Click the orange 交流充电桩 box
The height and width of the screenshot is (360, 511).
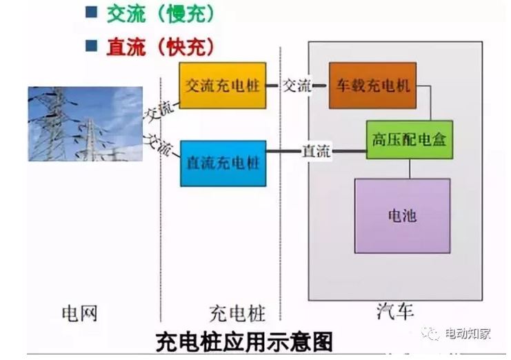coord(222,86)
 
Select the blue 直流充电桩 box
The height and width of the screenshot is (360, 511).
coord(222,163)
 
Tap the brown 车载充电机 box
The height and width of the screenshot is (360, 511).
coord(372,86)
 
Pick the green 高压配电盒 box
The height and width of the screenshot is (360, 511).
coord(408,139)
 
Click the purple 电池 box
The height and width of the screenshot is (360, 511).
coord(402,215)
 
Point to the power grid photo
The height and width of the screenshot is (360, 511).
coord(85,123)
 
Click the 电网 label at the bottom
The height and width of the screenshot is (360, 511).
coord(79,314)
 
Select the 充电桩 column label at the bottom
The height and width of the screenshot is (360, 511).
coord(236,314)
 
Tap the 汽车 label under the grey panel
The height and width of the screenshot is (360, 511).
coord(395,312)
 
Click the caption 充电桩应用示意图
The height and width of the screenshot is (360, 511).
coord(244,341)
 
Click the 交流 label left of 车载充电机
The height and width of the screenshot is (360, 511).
coord(298,86)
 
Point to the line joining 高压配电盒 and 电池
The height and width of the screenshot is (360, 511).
coord(409,168)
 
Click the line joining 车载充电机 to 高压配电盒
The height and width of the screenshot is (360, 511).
coord(431,103)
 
